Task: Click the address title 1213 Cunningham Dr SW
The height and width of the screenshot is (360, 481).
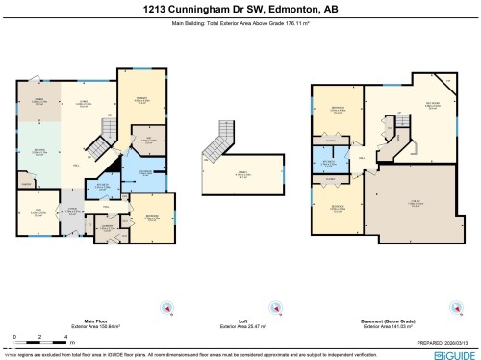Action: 240,8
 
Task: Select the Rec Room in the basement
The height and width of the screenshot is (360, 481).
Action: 404,120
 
